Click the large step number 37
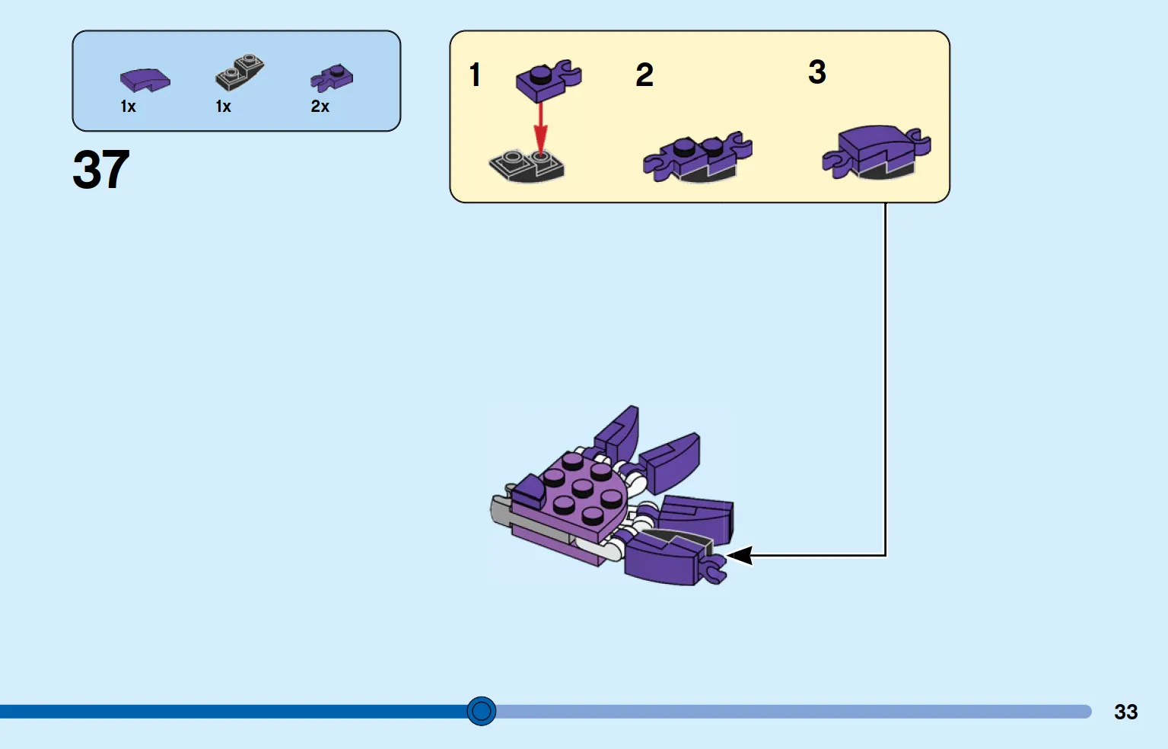pos(100,169)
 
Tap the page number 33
pos(1125,712)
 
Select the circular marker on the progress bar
pos(482,711)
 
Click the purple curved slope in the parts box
pos(145,81)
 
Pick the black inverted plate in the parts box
pos(240,72)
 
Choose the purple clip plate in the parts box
pos(332,78)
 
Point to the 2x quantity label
pos(320,107)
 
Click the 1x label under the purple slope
pos(128,107)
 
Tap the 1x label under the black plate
pos(223,107)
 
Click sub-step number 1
pos(475,75)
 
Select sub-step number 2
pos(644,75)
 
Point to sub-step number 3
pos(817,72)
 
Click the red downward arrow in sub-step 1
pos(541,128)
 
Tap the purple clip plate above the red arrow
pos(549,81)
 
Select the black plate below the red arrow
pos(527,167)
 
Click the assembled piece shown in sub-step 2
pos(698,157)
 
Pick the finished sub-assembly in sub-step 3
pos(877,152)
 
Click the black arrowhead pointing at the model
pos(740,555)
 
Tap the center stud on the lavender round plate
pos(582,489)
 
